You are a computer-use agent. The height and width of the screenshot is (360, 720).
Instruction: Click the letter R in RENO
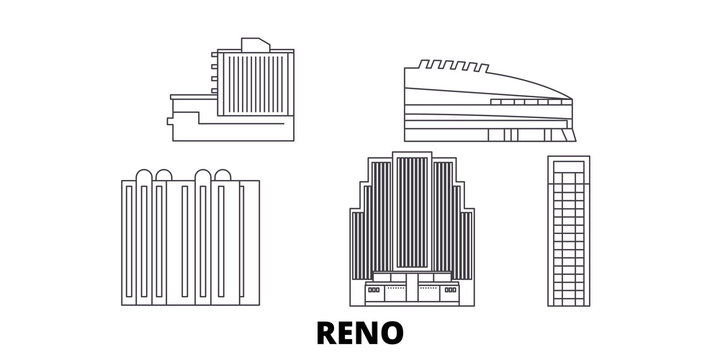pyautogui.click(x=323, y=330)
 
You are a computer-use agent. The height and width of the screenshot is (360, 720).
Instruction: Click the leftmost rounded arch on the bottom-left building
pyautogui.click(x=142, y=177)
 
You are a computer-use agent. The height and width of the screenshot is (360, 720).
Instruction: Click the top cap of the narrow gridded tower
pyautogui.click(x=570, y=163)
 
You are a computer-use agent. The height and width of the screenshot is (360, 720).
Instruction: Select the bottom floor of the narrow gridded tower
pyautogui.click(x=570, y=298)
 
